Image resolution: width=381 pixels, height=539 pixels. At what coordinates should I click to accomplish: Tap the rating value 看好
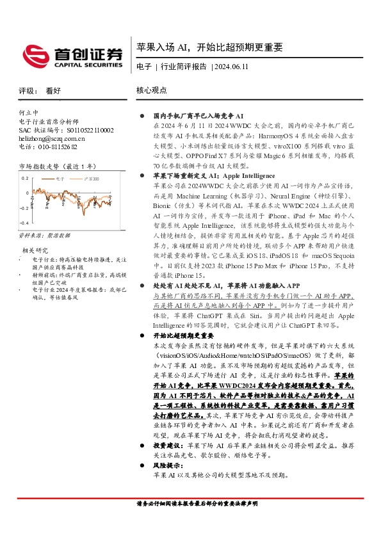coord(54,91)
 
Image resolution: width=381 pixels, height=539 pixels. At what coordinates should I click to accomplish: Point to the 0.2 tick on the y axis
coord(25,178)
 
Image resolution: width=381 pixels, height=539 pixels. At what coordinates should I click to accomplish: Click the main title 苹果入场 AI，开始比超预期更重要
coord(209,48)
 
